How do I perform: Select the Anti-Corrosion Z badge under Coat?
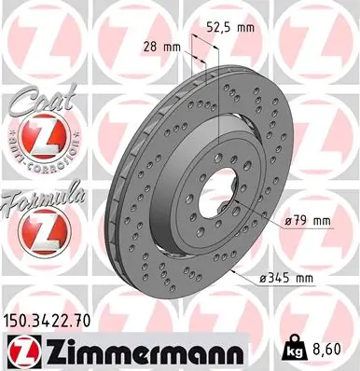[x=35, y=141]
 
